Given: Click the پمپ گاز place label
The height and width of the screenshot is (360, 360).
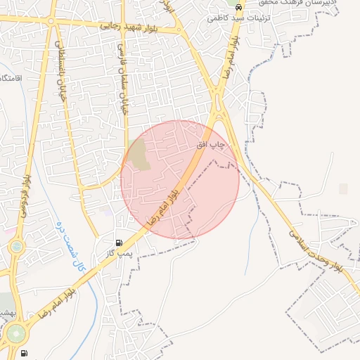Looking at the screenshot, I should click(119, 252).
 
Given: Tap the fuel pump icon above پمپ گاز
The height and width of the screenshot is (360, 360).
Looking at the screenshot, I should click(118, 241).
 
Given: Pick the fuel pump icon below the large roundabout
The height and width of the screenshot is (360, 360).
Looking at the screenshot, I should click(25, 353).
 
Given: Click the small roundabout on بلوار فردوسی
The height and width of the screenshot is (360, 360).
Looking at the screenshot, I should click(16, 247).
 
